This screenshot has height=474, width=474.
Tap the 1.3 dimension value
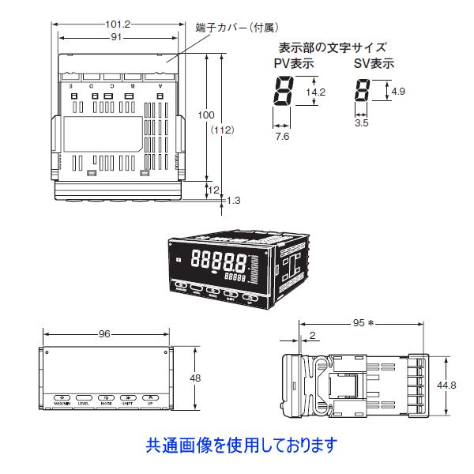click(x=233, y=201)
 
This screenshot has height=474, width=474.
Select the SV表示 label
click(x=374, y=64)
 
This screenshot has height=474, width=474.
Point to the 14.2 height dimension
click(x=315, y=93)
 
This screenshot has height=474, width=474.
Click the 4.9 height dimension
click(x=398, y=92)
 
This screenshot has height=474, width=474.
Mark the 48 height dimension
click(x=194, y=378)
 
